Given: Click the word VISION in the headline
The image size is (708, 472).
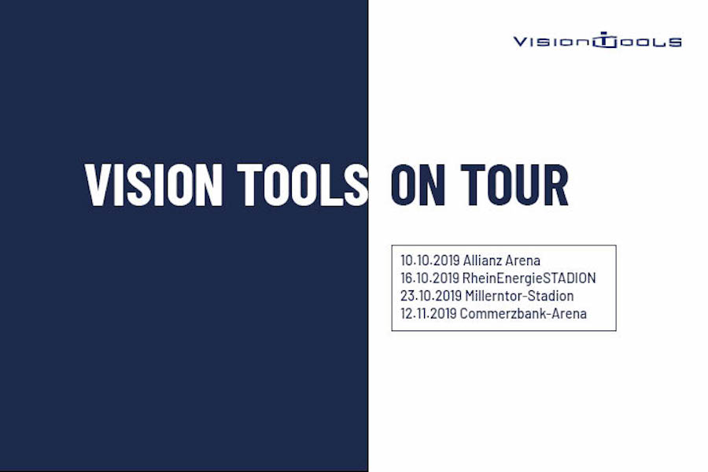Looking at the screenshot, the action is pos(153,185).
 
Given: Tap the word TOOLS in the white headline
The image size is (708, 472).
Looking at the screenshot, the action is pos(303,185).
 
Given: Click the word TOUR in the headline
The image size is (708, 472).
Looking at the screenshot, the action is pos(514,185).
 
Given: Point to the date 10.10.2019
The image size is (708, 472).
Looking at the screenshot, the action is pos(430,260).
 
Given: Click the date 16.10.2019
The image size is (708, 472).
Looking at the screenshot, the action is pos(430,278).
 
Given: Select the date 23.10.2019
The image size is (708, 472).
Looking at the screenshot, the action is pos(431,296).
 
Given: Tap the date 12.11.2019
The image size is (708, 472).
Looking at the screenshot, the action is pos(429,313).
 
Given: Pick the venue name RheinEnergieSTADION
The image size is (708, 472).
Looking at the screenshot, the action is pos(529,278).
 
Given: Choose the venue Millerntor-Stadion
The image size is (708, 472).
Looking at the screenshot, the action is pos(519,296).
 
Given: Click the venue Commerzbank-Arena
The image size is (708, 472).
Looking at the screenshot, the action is pos(523,313).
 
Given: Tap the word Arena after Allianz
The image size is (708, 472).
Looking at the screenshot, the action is pos(522,260).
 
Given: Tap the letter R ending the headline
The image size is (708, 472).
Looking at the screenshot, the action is pos(556,185).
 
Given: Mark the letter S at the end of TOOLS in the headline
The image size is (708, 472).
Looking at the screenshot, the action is pos(356,185).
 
